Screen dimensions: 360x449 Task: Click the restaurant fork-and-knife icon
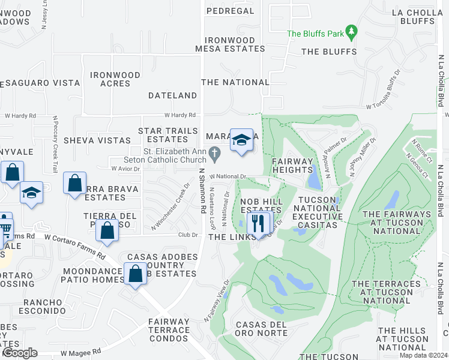259,223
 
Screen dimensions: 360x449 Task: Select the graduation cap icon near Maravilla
241,140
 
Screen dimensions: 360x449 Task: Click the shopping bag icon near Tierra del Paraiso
107,230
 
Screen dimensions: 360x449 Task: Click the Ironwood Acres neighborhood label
115,79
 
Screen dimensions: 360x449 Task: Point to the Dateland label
172,95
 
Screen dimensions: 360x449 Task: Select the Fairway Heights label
293,166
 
